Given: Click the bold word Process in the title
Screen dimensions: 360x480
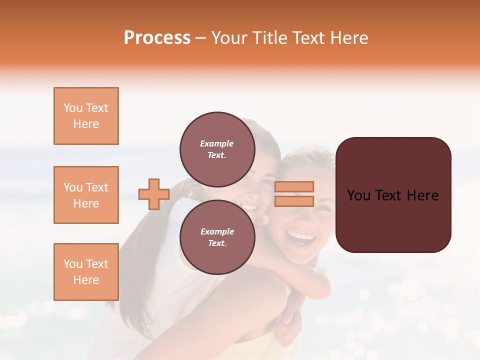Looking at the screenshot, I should coord(157,38).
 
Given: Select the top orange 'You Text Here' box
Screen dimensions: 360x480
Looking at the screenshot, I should coord(86,116).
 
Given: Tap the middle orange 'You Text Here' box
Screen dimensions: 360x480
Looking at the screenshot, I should coord(86,195).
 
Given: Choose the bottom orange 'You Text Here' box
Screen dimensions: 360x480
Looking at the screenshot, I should coord(86,272).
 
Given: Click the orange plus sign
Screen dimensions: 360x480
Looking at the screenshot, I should coord(153,194).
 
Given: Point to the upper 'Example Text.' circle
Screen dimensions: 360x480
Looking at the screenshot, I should coord(217,149).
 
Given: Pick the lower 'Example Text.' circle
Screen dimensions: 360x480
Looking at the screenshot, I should coord(217,237).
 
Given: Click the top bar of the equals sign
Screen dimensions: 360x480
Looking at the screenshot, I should coord(294,186).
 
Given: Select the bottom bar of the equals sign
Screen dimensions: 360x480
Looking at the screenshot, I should coord(294,201).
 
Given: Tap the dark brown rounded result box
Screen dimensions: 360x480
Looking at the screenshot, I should coord(393,195).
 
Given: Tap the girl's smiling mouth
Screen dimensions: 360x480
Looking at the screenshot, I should coord(250,206).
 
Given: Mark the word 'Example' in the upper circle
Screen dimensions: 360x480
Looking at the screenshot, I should coord(216,143).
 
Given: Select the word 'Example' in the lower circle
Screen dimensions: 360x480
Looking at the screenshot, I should coord(217,231).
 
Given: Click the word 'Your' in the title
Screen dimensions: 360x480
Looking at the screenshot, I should coord(228,38).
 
